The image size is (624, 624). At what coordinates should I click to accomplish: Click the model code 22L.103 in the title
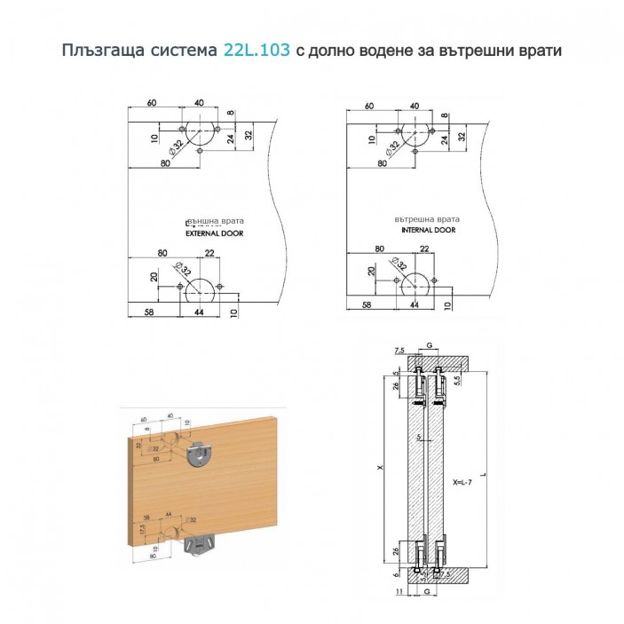256,51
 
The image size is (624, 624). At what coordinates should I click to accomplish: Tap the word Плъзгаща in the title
99,51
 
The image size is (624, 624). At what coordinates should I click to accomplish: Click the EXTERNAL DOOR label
213,233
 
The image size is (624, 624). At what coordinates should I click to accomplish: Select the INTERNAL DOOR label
428,230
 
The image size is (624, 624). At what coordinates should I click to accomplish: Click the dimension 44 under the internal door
414,304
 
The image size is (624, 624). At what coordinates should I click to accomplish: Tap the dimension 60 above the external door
153,103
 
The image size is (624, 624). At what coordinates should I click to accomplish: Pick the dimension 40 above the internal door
415,106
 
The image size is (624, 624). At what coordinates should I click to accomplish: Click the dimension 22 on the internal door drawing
423,249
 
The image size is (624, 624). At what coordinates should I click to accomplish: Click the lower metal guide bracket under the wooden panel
200,541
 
